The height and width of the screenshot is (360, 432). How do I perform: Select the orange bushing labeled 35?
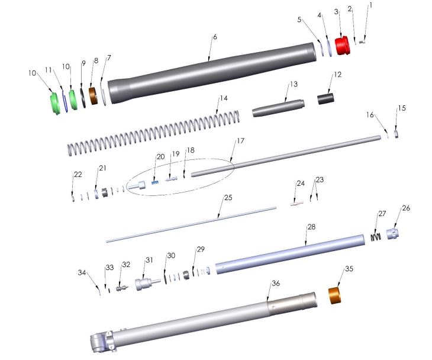337,294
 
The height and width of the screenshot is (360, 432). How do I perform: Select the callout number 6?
215,37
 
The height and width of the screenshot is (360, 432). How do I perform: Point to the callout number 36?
275,284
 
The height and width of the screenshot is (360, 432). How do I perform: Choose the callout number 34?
82,272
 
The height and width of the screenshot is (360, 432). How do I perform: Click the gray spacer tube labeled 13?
278,111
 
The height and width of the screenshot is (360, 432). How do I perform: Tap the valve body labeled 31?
144,284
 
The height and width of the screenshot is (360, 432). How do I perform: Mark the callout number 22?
77,174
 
